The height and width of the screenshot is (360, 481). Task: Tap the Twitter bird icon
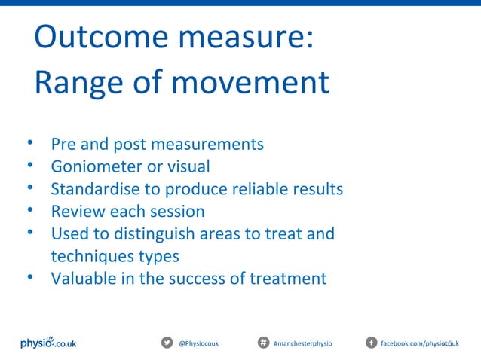click(x=167, y=343)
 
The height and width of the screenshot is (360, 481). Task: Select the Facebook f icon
click(x=371, y=343)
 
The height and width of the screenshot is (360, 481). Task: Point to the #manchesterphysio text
click(x=302, y=343)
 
